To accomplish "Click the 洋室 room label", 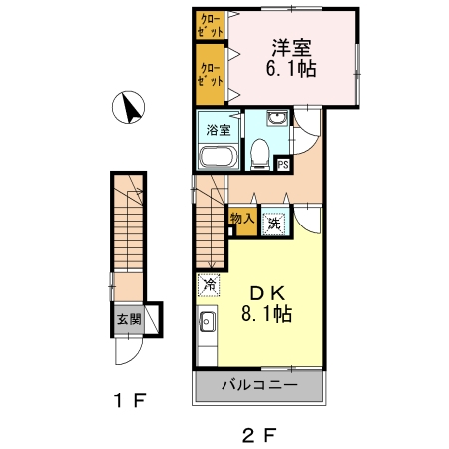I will pyautogui.click(x=291, y=47).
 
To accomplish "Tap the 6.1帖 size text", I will pyautogui.click(x=291, y=70).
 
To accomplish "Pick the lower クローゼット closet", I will pyautogui.click(x=211, y=74).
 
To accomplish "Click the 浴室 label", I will pyautogui.click(x=218, y=130).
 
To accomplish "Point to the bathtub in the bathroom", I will pyautogui.click(x=218, y=157).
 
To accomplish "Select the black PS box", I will pyautogui.click(x=283, y=165).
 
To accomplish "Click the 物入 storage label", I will pyautogui.click(x=242, y=219).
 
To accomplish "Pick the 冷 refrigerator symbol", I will pyautogui.click(x=210, y=285).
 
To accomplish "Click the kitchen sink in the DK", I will pyautogui.click(x=208, y=321).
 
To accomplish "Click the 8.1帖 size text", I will pyautogui.click(x=267, y=315).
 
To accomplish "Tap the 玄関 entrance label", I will pyautogui.click(x=129, y=320).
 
